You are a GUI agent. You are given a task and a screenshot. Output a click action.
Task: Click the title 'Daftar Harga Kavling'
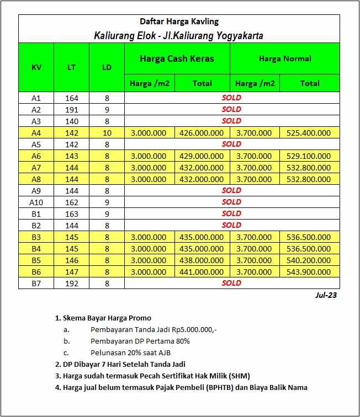coord(179,22)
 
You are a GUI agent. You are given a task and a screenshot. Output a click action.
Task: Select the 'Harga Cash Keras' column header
coord(177,58)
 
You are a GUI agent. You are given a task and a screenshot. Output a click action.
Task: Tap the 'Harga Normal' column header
coord(285,58)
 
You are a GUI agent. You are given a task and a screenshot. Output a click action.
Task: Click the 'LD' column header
coord(107,67)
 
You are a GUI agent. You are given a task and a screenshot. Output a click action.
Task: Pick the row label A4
coord(36,132)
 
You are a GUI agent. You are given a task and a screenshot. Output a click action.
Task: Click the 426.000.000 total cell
coord(202,132)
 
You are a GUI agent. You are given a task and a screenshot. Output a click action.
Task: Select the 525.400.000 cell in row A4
coord(309,132)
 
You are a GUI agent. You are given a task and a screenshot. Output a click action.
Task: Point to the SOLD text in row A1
coord(231,98)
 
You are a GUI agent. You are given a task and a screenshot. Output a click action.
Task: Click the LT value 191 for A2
coord(72,109)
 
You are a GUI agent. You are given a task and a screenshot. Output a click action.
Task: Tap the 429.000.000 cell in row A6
coord(202,156)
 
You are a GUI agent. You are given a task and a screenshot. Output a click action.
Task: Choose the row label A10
coord(36,202)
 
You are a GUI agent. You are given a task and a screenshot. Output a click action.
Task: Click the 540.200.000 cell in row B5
coord(309,260)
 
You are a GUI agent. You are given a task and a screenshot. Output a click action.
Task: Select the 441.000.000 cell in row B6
coord(202,272)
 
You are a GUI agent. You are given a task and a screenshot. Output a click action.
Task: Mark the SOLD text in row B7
coord(231,283)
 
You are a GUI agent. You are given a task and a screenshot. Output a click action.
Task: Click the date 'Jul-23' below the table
coord(326,295)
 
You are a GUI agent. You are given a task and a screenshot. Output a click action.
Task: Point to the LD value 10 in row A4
coord(107,132)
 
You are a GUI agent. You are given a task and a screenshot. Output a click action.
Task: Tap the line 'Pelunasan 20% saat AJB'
coord(132,352)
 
